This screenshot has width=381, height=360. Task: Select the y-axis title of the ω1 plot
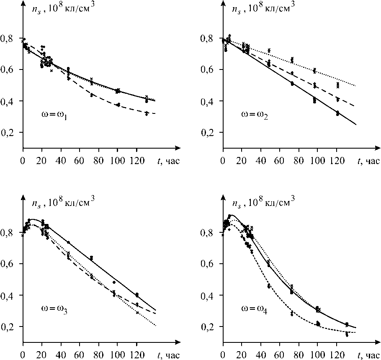point(62,9)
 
